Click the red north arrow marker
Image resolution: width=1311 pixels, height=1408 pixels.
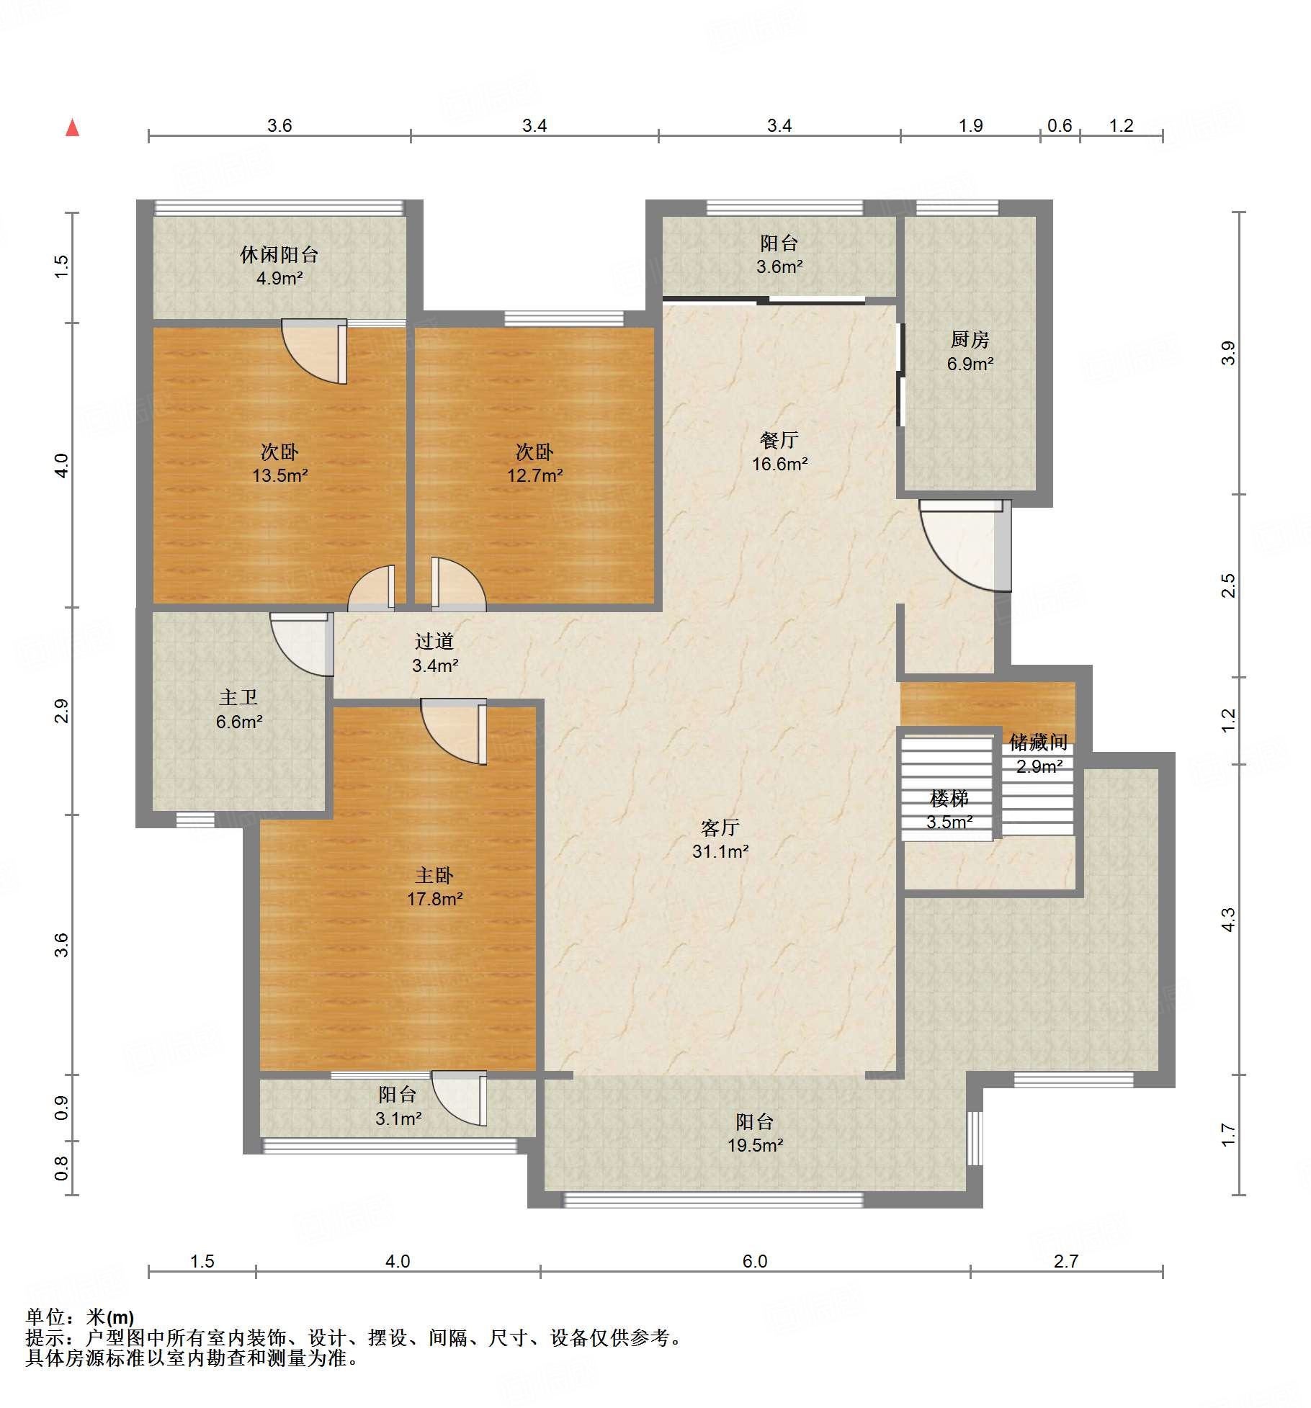pos(72,127)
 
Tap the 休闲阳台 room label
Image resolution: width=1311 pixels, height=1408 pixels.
pos(279,255)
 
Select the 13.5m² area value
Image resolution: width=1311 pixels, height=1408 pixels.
pos(279,475)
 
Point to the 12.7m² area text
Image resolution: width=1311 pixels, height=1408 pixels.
pos(534,475)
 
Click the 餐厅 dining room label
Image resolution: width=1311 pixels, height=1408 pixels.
pos(779,440)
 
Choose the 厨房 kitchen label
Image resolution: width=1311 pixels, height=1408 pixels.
pos(970,339)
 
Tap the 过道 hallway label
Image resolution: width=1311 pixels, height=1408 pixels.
pos(434,641)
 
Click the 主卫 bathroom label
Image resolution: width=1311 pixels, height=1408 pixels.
pos(238,697)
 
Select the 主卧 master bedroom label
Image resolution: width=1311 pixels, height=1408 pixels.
pos(434,875)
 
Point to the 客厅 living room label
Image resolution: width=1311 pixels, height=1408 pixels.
pos(720,828)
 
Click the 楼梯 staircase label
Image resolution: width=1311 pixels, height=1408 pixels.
pos(949,798)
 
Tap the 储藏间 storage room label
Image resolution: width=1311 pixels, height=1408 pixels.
pos(1038,742)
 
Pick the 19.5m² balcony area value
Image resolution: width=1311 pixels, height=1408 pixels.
pos(755,1144)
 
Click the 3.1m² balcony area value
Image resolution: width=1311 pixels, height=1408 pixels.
pos(398,1118)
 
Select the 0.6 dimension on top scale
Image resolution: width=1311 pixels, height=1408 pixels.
pos(1060,125)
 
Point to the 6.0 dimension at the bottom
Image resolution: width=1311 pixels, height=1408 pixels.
pos(755,1261)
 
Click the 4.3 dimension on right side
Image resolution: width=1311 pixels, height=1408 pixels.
pos(1228,920)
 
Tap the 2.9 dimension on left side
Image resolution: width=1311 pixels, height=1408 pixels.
pos(61,711)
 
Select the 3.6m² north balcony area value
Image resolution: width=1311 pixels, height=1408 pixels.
pos(779,266)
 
